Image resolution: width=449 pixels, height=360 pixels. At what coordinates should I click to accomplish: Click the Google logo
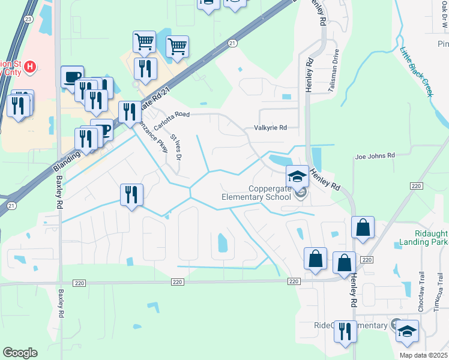tap(20, 353)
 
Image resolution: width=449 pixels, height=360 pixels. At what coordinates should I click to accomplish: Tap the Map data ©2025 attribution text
tap(424, 355)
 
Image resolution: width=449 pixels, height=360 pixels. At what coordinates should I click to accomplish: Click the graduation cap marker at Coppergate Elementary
tap(297, 176)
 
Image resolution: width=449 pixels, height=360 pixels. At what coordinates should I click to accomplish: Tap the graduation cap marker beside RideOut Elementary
tap(406, 331)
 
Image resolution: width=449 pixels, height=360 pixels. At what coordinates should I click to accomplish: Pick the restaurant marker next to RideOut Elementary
tap(345, 331)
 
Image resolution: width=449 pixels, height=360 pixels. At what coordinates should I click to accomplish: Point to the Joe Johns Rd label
tap(375, 155)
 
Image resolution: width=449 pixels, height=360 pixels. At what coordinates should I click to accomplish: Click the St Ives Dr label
tap(175, 147)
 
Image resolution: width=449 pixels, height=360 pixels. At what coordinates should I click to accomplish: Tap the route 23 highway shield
tap(28, 19)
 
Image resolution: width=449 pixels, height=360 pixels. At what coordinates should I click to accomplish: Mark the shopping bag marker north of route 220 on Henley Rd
tap(363, 227)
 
